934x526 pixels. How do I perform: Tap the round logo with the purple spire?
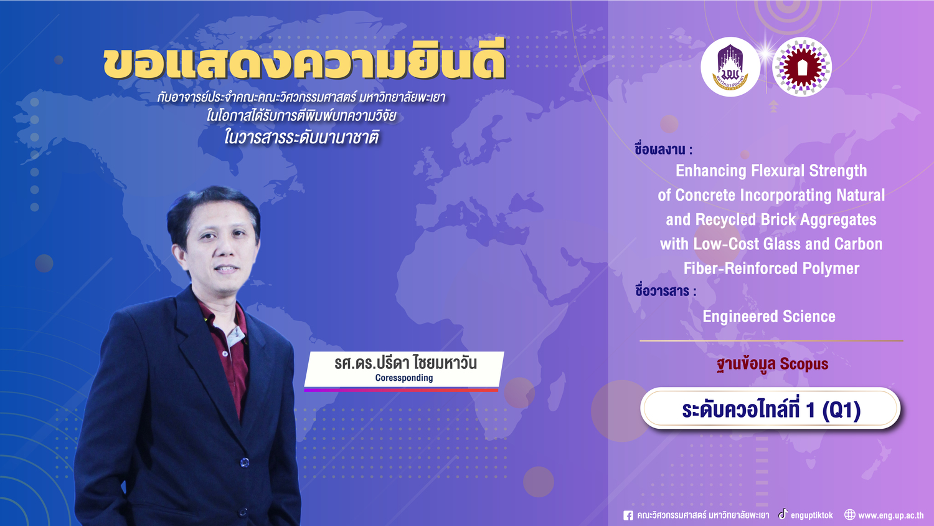click(x=730, y=67)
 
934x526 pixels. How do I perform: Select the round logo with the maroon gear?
click(x=802, y=67)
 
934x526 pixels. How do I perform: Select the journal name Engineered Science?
click(x=769, y=317)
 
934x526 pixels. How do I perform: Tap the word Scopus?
click(x=804, y=363)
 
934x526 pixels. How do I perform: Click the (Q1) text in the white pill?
click(x=841, y=410)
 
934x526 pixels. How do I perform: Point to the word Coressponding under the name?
click(x=404, y=378)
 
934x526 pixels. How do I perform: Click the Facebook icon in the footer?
click(x=628, y=515)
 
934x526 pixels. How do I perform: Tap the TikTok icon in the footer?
click(x=783, y=514)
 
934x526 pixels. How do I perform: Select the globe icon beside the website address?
click(x=849, y=515)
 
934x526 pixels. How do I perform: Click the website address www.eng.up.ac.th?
click(x=890, y=515)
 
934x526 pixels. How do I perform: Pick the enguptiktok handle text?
click(x=811, y=515)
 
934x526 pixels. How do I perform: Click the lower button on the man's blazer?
click(x=244, y=462)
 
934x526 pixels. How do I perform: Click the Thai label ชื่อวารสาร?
click(x=666, y=291)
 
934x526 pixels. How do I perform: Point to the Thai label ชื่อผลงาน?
click(x=663, y=149)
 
